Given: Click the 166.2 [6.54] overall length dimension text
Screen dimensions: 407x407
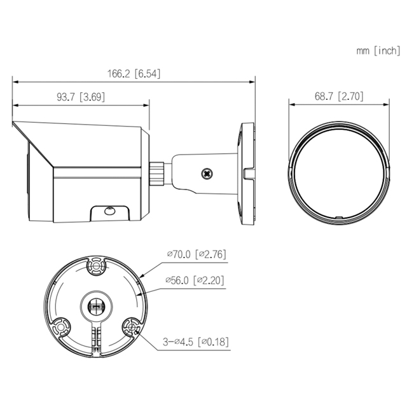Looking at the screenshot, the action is click(x=134, y=74).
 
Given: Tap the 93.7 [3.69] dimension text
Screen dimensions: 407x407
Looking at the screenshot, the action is click(x=81, y=97).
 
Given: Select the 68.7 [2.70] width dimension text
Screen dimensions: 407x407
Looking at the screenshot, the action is click(x=339, y=96).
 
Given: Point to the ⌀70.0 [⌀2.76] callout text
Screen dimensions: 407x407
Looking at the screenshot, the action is click(x=197, y=254).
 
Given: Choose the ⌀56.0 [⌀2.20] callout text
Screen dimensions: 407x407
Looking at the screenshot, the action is click(x=195, y=280).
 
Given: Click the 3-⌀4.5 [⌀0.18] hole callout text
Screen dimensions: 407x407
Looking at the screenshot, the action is click(x=196, y=341).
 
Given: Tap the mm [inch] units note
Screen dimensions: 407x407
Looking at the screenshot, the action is click(x=378, y=51).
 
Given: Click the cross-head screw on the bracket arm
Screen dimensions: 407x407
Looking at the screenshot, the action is click(x=207, y=174).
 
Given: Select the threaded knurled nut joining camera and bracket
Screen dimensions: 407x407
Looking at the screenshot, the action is click(x=156, y=174).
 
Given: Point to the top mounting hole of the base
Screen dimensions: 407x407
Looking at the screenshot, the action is click(x=96, y=266).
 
